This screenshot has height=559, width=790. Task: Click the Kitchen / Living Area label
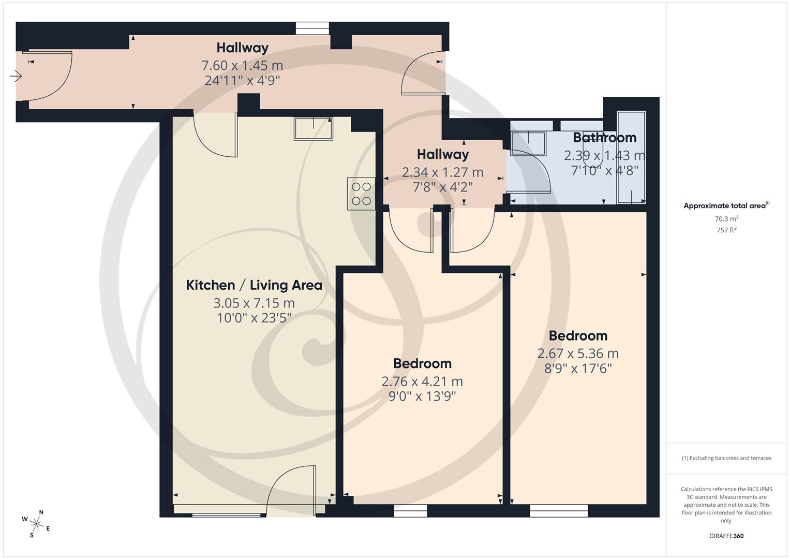pos(254,285)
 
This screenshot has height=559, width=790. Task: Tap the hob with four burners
pos(361,194)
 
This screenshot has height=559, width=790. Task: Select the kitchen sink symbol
pos(314,128)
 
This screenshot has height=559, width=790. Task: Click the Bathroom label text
pos(604,138)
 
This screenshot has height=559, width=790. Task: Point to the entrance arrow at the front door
pos(16,77)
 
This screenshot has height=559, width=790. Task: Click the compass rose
pos(36,523)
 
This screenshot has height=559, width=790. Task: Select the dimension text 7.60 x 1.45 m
pos(242,65)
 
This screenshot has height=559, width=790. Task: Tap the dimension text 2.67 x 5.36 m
pos(578,354)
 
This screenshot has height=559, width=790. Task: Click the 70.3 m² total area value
pos(726,218)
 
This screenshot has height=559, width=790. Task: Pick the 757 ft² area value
pos(726,230)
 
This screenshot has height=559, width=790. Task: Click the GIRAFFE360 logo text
pos(726,536)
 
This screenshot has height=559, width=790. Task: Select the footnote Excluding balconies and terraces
pos(726,458)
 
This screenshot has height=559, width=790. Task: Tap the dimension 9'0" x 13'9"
pos(422,396)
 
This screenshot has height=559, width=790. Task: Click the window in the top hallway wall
pos(312,28)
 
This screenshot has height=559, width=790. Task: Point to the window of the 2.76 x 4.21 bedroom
pos(411,511)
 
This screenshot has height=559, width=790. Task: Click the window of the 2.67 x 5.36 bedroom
pos(559,511)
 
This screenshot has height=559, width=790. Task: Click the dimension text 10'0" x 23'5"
pos(254,318)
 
